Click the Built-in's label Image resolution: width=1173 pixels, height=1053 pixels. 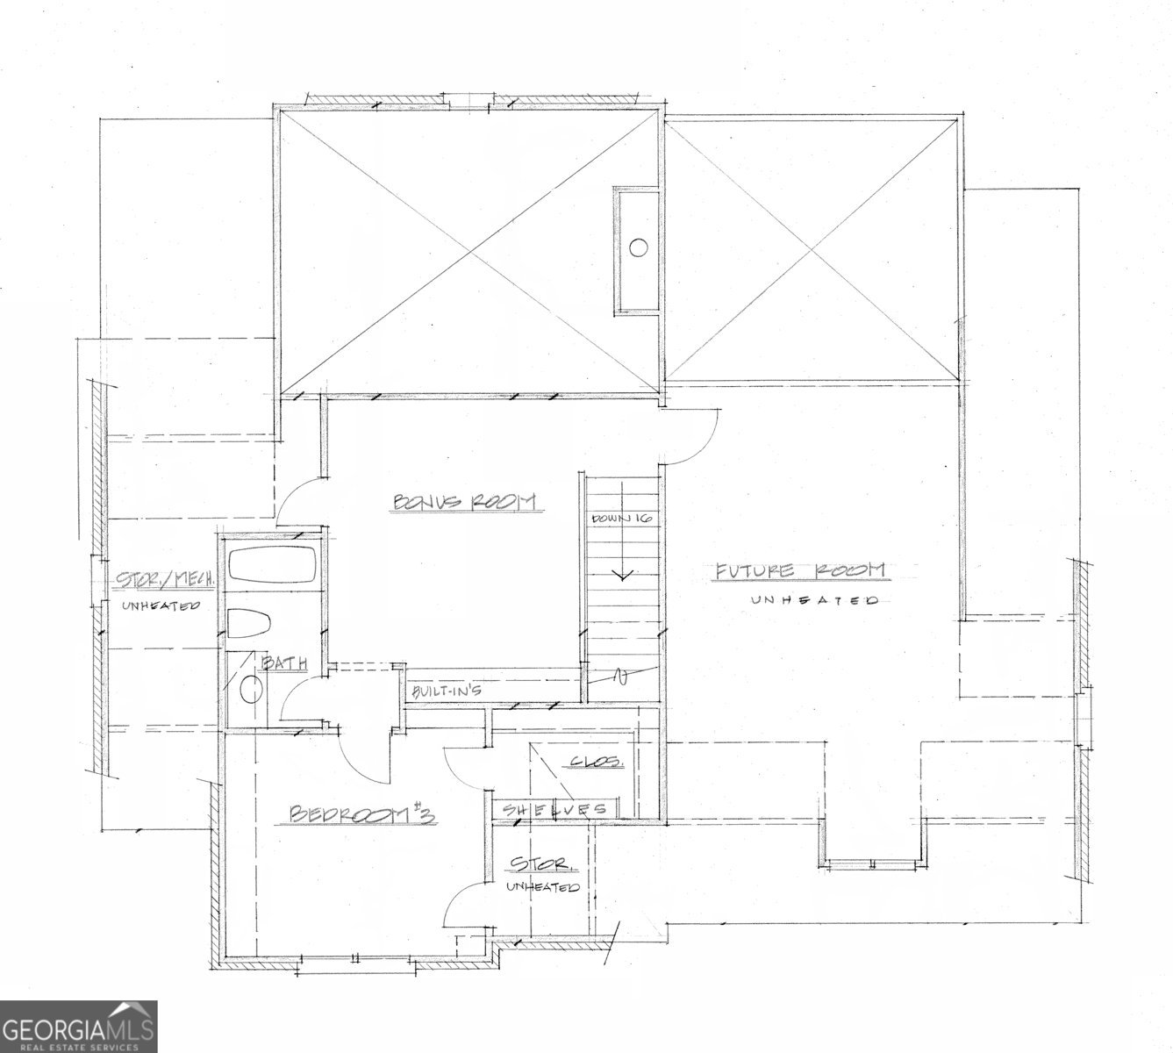tap(446, 691)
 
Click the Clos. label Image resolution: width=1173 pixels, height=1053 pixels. tap(597, 762)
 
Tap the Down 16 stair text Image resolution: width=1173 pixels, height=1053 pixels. tap(622, 519)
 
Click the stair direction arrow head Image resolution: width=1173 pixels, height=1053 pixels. tap(623, 576)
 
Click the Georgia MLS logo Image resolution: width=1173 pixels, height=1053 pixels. tap(79, 1026)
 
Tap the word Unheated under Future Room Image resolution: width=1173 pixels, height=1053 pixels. tap(813, 601)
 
